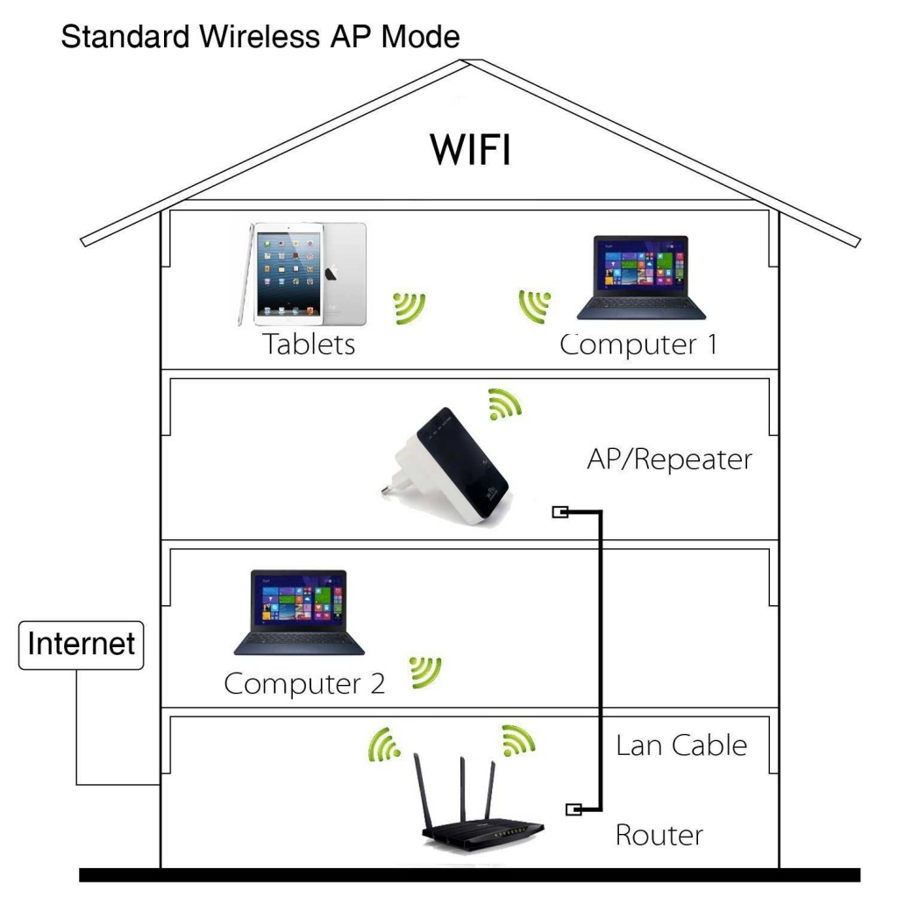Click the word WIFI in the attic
470,150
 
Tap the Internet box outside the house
81,645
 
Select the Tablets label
310,344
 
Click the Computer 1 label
638,344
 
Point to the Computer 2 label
304,682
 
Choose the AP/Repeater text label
669,459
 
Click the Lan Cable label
681,745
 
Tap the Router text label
659,834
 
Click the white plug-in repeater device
448,466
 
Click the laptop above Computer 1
640,277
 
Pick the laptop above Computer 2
299,613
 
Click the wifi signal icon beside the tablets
409,306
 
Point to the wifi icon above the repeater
504,403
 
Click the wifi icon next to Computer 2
426,672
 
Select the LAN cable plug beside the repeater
559,512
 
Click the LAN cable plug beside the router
574,809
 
